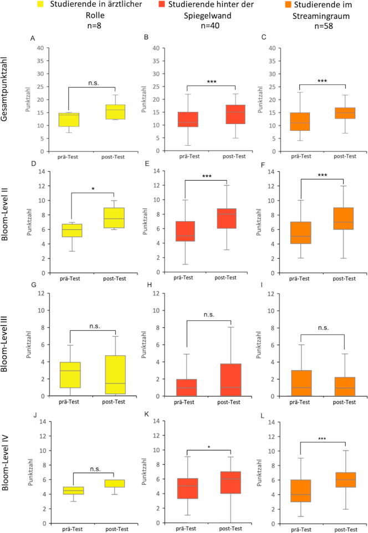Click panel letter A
tap(33, 38)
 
